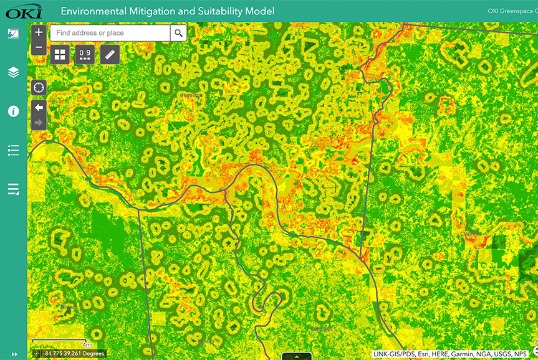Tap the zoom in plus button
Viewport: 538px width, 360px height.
39,32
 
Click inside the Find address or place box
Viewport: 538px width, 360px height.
110,33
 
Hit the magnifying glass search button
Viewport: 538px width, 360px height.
179,33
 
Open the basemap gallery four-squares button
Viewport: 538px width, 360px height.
60,55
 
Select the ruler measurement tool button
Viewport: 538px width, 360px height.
110,55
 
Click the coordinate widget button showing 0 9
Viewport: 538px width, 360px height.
85,55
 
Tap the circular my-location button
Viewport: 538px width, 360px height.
39,87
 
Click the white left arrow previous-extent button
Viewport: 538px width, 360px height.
39,108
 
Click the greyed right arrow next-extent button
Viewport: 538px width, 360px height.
39,123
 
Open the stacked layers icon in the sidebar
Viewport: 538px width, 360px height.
14,72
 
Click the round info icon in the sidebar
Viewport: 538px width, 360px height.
14,111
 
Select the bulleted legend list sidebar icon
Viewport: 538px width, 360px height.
14,150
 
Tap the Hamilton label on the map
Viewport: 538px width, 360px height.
191,95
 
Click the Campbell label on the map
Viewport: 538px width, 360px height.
322,328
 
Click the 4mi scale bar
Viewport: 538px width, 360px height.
62,342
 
